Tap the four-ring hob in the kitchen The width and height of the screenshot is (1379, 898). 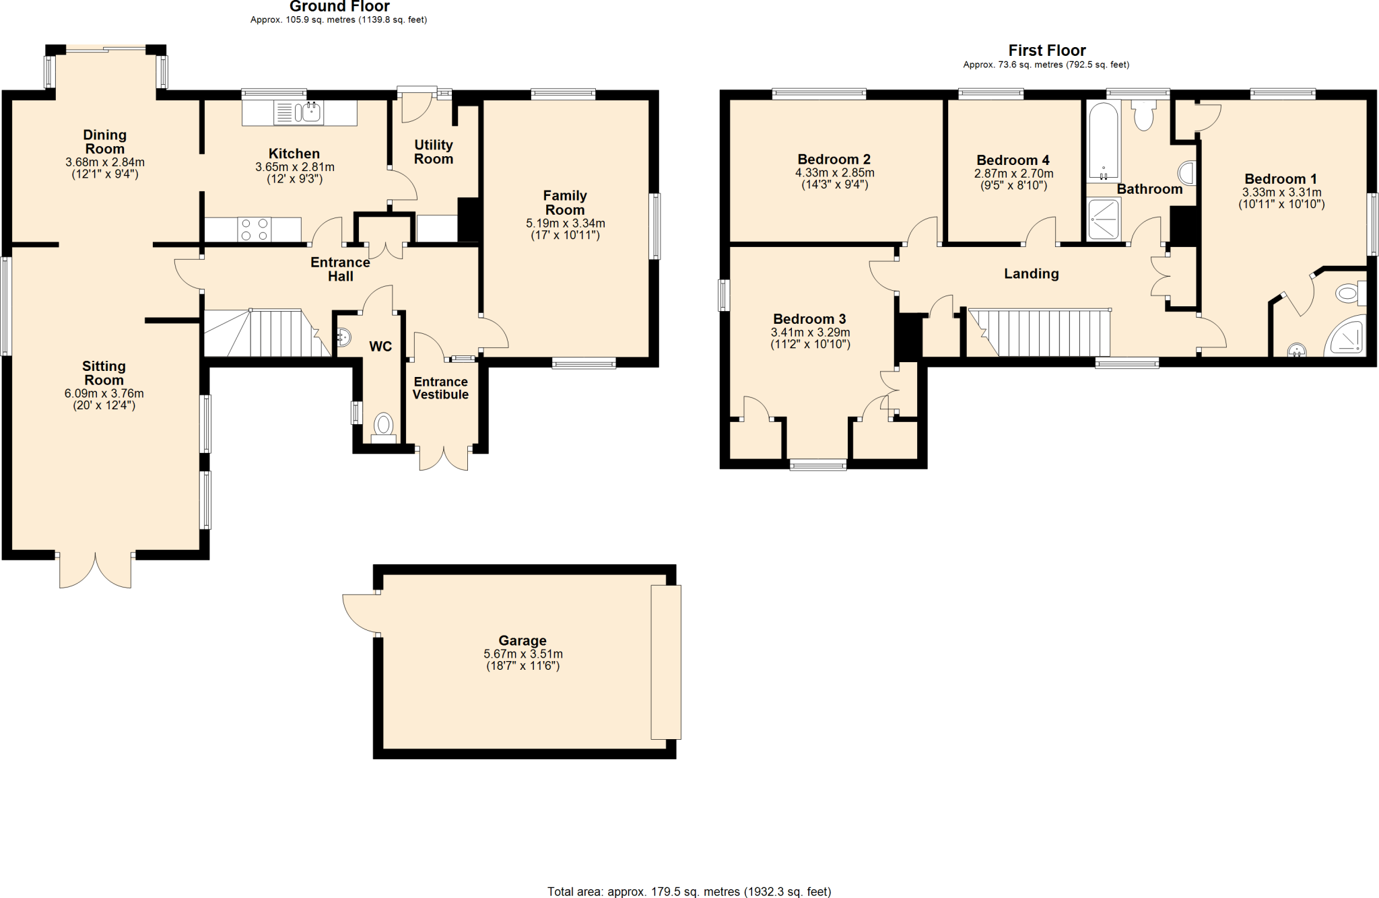pyautogui.click(x=254, y=230)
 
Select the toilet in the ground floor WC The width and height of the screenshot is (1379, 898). pyautogui.click(x=384, y=425)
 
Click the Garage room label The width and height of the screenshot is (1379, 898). pyautogui.click(x=523, y=641)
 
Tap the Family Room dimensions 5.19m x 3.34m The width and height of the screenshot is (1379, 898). pyautogui.click(x=565, y=223)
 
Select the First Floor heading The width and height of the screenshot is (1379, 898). pyautogui.click(x=1046, y=50)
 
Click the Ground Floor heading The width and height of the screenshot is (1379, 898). pyautogui.click(x=339, y=7)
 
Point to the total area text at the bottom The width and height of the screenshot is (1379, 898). pyautogui.click(x=689, y=892)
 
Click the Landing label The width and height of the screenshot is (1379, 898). pyautogui.click(x=1031, y=273)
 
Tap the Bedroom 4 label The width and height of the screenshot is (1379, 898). pyautogui.click(x=1013, y=160)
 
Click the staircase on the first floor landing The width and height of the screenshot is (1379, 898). pyautogui.click(x=1040, y=333)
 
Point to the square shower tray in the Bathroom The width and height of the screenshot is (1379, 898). pyautogui.click(x=1104, y=219)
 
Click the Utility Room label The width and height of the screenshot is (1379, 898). pyautogui.click(x=433, y=152)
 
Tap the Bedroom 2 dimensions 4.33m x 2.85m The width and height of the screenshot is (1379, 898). pyautogui.click(x=834, y=173)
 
